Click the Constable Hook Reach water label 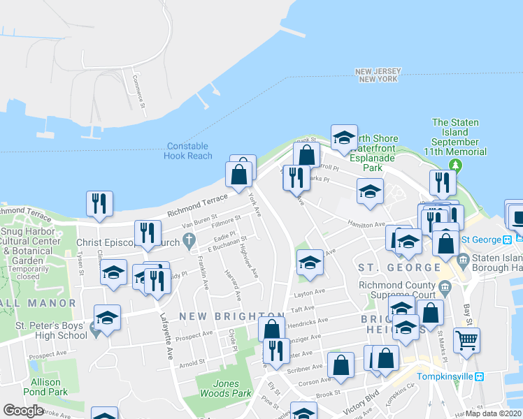coord(188,151)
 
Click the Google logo coord(23,411)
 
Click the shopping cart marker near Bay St coord(466,341)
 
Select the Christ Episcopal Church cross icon coord(188,242)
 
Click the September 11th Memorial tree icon coord(456,165)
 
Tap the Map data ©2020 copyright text coord(494,413)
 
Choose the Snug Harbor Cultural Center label coord(31,242)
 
